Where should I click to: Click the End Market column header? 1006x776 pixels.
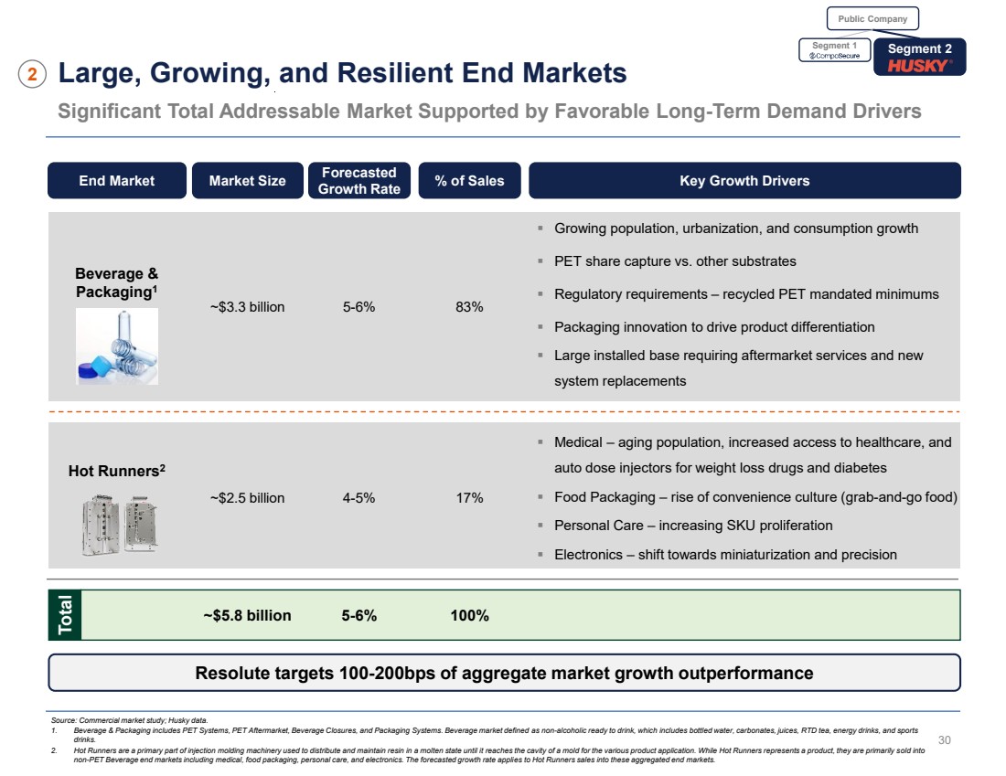(x=117, y=181)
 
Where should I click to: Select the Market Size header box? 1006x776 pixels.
(x=247, y=181)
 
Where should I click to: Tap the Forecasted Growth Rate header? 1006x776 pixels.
(x=359, y=181)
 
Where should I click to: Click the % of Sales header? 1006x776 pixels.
(x=469, y=181)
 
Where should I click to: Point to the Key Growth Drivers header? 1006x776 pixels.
(x=744, y=181)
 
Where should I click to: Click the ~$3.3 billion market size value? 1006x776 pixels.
(x=247, y=307)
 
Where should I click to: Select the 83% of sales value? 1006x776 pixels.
(x=469, y=307)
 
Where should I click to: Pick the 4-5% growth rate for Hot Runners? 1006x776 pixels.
(x=359, y=498)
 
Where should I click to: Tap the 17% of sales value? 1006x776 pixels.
(x=469, y=498)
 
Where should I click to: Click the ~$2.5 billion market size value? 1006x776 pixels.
(x=247, y=498)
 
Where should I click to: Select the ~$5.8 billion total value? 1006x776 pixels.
(x=247, y=616)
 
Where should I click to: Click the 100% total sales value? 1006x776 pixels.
(x=469, y=616)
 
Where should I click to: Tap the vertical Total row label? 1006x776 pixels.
(x=67, y=615)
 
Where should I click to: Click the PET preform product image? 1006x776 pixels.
(x=116, y=346)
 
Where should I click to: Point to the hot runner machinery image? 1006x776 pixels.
(x=116, y=523)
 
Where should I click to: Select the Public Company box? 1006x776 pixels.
(x=872, y=18)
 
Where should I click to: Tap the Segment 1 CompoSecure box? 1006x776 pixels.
(x=834, y=50)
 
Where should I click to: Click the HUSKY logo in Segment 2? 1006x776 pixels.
(x=919, y=66)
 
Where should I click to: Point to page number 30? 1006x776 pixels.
(x=946, y=739)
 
